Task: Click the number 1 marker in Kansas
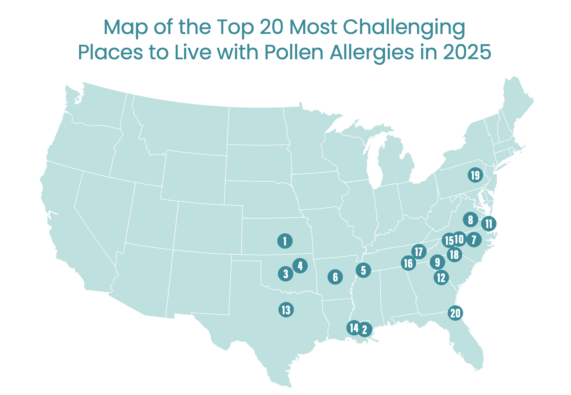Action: (285, 241)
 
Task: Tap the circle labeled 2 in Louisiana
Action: (365, 329)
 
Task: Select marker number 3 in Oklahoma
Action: (285, 274)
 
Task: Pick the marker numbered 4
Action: (300, 266)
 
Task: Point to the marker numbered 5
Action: (363, 270)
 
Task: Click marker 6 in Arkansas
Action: (335, 277)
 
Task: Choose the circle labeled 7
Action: (474, 240)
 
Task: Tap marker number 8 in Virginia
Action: (471, 220)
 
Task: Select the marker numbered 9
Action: (438, 262)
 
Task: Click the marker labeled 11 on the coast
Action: (488, 223)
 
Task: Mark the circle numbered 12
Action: (441, 278)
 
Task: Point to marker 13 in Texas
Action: (286, 310)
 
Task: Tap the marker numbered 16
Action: (408, 263)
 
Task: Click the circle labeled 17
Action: (419, 252)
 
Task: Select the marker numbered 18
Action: (454, 254)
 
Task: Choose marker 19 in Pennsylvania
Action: (475, 175)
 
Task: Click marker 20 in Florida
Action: (455, 313)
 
